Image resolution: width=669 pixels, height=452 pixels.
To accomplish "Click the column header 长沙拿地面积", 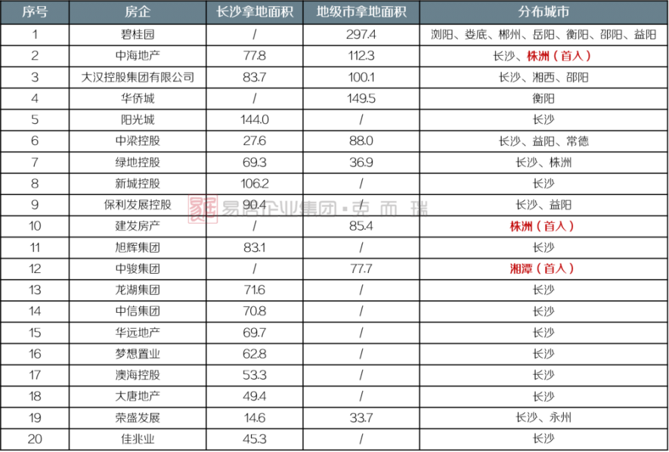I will [254, 12].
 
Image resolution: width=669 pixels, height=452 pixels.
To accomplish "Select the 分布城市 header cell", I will [544, 12].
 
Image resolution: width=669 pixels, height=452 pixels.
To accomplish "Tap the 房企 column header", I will [137, 12].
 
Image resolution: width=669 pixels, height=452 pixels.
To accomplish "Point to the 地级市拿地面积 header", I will [361, 12].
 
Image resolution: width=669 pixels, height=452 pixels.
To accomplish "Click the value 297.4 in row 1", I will [361, 35].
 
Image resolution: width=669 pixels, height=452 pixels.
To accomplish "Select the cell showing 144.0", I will [254, 120].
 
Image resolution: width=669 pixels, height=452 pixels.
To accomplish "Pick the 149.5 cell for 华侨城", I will [361, 99].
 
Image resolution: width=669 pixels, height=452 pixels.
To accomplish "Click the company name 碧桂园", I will [137, 35].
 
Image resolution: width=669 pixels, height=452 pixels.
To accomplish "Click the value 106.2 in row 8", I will [254, 184].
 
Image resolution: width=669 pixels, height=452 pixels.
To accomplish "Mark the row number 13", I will [35, 290].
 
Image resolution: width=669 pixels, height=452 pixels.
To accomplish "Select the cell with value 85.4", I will [361, 226].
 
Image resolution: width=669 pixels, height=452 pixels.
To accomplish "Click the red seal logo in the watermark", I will [203, 208].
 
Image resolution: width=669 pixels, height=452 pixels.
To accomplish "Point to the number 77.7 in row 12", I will [361, 269].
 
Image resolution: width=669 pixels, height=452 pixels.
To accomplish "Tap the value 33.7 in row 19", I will [361, 418].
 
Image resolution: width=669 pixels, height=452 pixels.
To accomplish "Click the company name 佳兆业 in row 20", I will [137, 439].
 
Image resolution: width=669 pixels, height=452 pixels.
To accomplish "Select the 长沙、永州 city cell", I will [544, 418].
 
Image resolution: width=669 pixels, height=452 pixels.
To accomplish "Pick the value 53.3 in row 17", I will [254, 375].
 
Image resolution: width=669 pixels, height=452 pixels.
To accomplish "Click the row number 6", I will [35, 141].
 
